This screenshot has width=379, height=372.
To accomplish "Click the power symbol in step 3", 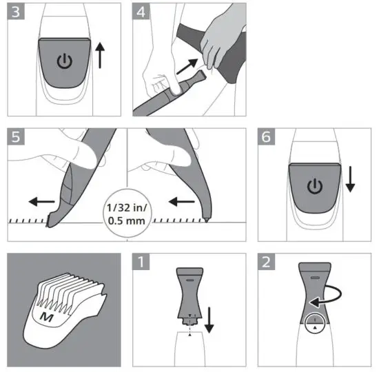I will [x=63, y=61].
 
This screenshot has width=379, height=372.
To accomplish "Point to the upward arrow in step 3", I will [x=101, y=55].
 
